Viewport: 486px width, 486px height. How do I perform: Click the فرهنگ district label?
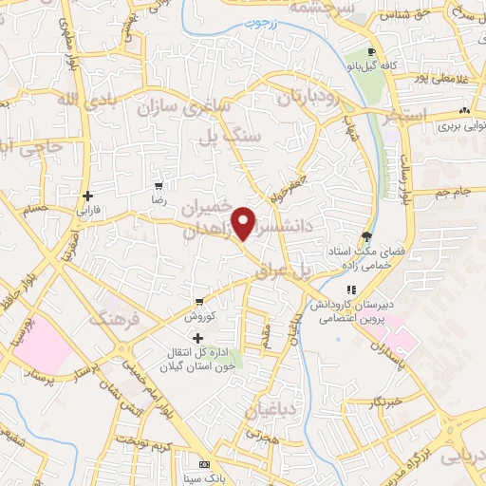pyautogui.click(x=114, y=319)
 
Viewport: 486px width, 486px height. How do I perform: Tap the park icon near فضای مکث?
pyautogui.click(x=367, y=238)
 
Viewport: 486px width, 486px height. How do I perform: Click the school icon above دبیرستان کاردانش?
pyautogui.click(x=350, y=290)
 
